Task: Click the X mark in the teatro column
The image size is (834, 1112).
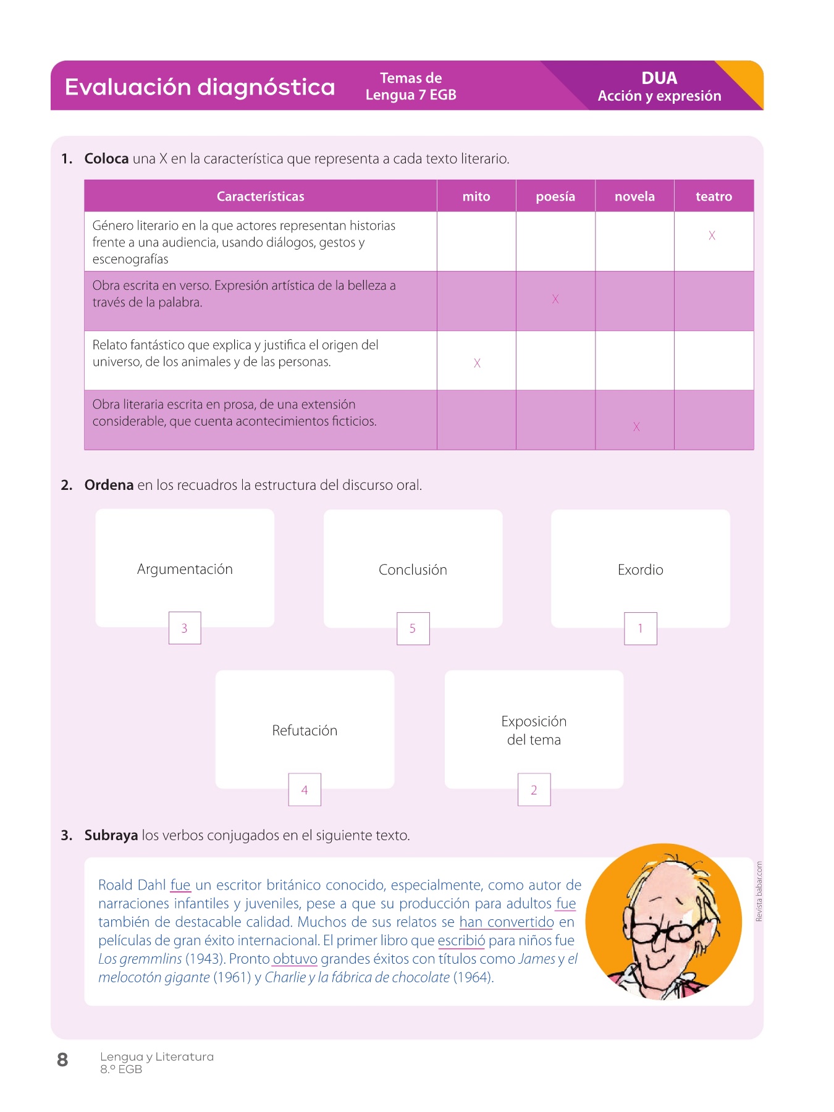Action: coord(712,235)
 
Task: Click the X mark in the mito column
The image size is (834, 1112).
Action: coord(477,363)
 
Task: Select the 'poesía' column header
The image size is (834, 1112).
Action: coord(555,196)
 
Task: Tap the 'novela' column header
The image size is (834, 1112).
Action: coord(634,196)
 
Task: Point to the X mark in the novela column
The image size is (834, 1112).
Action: coord(636,426)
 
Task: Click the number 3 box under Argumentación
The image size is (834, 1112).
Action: coord(185,628)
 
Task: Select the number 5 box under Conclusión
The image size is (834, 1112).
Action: coord(413,629)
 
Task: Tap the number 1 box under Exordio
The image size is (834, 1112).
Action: coord(641,629)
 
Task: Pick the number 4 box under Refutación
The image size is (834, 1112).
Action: coord(305,790)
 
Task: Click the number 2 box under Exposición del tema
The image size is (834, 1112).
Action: coord(534,790)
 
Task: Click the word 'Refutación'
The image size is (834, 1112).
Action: coord(305,731)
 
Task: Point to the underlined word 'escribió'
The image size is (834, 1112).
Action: coord(461,941)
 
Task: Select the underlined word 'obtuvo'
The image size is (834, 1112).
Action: coord(295,959)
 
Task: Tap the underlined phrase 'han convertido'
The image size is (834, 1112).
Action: coord(507,922)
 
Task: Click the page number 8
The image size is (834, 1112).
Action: coord(62,1060)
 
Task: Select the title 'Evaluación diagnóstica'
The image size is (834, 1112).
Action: coord(200,87)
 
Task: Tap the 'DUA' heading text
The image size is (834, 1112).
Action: coord(659,78)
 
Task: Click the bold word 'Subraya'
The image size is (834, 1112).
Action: coord(111,835)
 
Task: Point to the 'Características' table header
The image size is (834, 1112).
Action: coord(260,196)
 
